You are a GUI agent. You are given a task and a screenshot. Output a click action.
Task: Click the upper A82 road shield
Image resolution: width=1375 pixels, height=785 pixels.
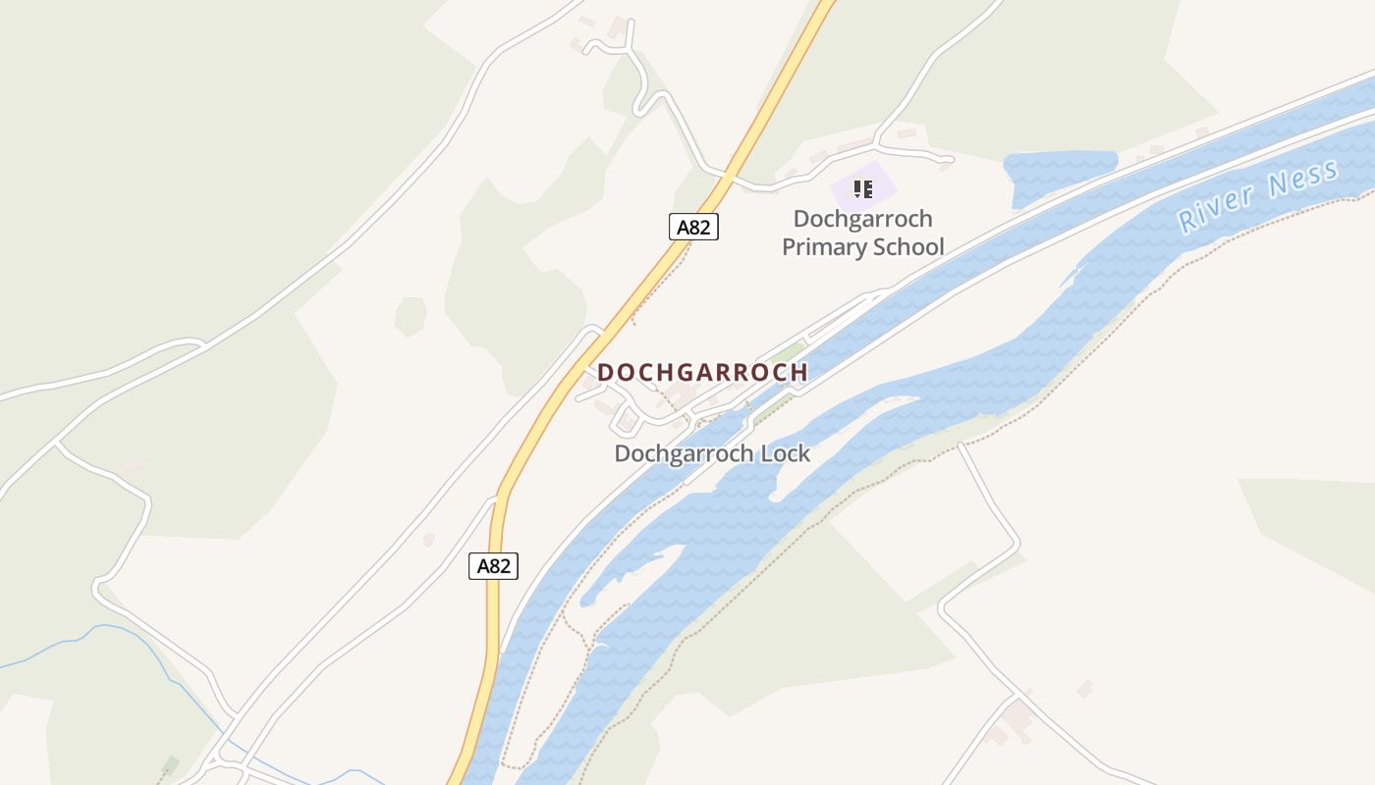pyautogui.click(x=693, y=228)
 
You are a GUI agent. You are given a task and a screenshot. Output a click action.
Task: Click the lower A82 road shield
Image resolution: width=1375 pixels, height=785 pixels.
pyautogui.click(x=493, y=566)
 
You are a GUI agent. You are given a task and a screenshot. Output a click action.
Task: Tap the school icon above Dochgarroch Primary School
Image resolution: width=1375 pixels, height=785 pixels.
pyautogui.click(x=862, y=188)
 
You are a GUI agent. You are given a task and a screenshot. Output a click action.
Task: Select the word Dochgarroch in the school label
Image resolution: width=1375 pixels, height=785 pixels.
pyautogui.click(x=862, y=219)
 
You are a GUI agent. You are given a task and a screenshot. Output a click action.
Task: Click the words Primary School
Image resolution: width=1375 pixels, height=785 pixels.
pyautogui.click(x=862, y=247)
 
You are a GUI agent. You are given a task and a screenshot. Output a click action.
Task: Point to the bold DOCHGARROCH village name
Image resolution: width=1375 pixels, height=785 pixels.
pyautogui.click(x=702, y=373)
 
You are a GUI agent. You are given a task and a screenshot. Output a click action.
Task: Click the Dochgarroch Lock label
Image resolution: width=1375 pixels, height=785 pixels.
pyautogui.click(x=712, y=453)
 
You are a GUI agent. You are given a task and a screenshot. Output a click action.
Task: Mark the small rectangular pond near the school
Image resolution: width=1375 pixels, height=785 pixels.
pyautogui.click(x=1061, y=174)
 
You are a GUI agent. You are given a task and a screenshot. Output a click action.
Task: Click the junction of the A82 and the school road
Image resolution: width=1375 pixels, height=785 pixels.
pyautogui.click(x=728, y=178)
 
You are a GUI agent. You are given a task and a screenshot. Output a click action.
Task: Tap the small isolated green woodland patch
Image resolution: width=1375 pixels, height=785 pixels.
pyautogui.click(x=411, y=316)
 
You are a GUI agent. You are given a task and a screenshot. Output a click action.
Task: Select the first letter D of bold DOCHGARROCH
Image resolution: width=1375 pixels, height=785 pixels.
pyautogui.click(x=605, y=373)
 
